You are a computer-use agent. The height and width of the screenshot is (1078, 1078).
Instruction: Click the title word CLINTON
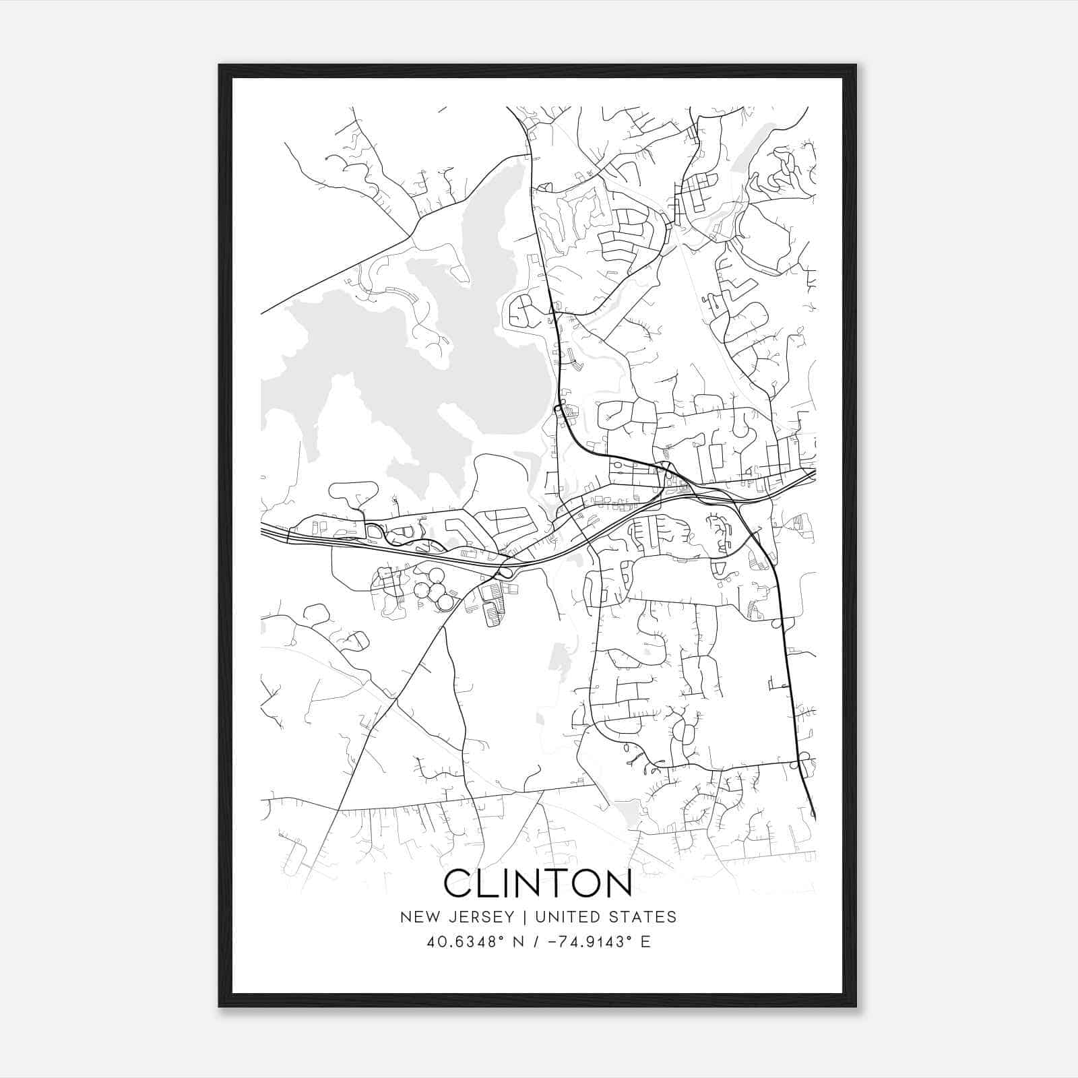point(538,883)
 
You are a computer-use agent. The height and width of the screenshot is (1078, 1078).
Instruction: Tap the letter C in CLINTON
point(459,883)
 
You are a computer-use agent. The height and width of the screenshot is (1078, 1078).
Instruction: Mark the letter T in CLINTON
point(549,883)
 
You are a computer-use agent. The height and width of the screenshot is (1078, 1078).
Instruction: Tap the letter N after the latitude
point(517,942)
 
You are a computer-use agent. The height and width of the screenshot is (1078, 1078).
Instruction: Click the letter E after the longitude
point(645,942)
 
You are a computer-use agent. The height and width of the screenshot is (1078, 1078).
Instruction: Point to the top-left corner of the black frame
point(220,66)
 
